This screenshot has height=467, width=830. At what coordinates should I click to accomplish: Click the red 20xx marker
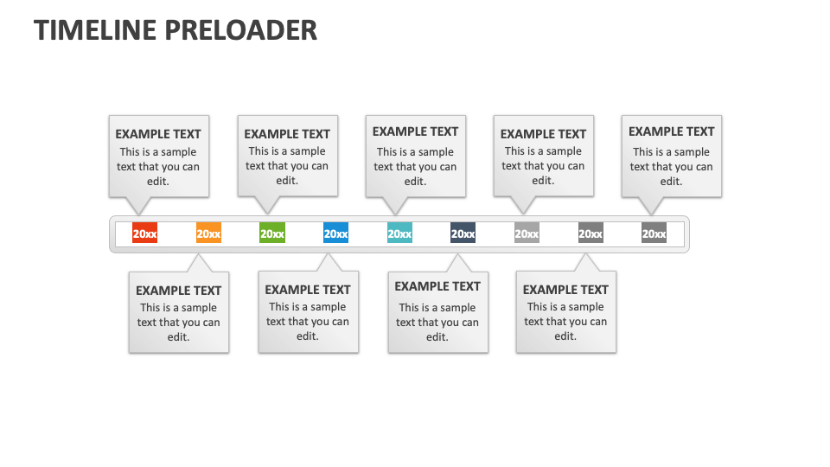[x=144, y=233]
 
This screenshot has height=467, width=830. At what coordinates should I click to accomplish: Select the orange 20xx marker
[x=208, y=233]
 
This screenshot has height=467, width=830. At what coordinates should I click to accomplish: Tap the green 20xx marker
[x=272, y=233]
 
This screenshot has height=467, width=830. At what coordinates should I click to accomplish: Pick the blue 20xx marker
[x=335, y=233]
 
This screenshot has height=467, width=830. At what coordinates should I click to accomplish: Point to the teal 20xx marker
[x=399, y=233]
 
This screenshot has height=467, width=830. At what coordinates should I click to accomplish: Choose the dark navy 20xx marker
[x=463, y=233]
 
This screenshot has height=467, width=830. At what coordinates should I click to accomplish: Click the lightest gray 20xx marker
[x=527, y=233]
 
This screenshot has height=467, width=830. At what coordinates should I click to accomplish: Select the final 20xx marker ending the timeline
[x=654, y=233]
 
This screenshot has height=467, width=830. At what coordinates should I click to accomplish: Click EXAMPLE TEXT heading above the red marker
[x=158, y=134]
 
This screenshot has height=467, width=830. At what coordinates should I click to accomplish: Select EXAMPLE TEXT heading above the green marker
[x=287, y=134]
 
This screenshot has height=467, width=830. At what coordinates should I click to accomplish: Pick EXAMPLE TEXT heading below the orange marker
[x=179, y=291]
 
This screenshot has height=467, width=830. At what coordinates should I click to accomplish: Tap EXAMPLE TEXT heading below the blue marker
[x=308, y=290]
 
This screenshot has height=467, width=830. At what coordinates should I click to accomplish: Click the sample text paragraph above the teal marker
[x=415, y=167]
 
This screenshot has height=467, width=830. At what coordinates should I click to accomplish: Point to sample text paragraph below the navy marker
[x=437, y=322]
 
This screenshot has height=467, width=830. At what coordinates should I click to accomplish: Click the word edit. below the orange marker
[x=179, y=337]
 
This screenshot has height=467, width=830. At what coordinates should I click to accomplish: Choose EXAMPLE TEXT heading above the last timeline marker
[x=672, y=131]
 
